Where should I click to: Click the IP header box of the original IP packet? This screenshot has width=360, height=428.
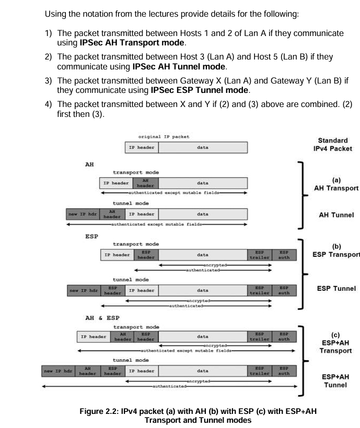point(142,148)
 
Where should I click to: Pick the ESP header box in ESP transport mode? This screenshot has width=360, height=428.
point(146,255)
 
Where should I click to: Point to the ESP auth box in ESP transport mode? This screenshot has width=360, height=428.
point(284,255)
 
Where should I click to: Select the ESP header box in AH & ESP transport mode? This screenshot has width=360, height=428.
point(146,337)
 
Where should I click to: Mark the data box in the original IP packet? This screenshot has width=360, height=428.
point(203,148)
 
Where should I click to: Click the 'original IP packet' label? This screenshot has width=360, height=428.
point(156,137)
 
